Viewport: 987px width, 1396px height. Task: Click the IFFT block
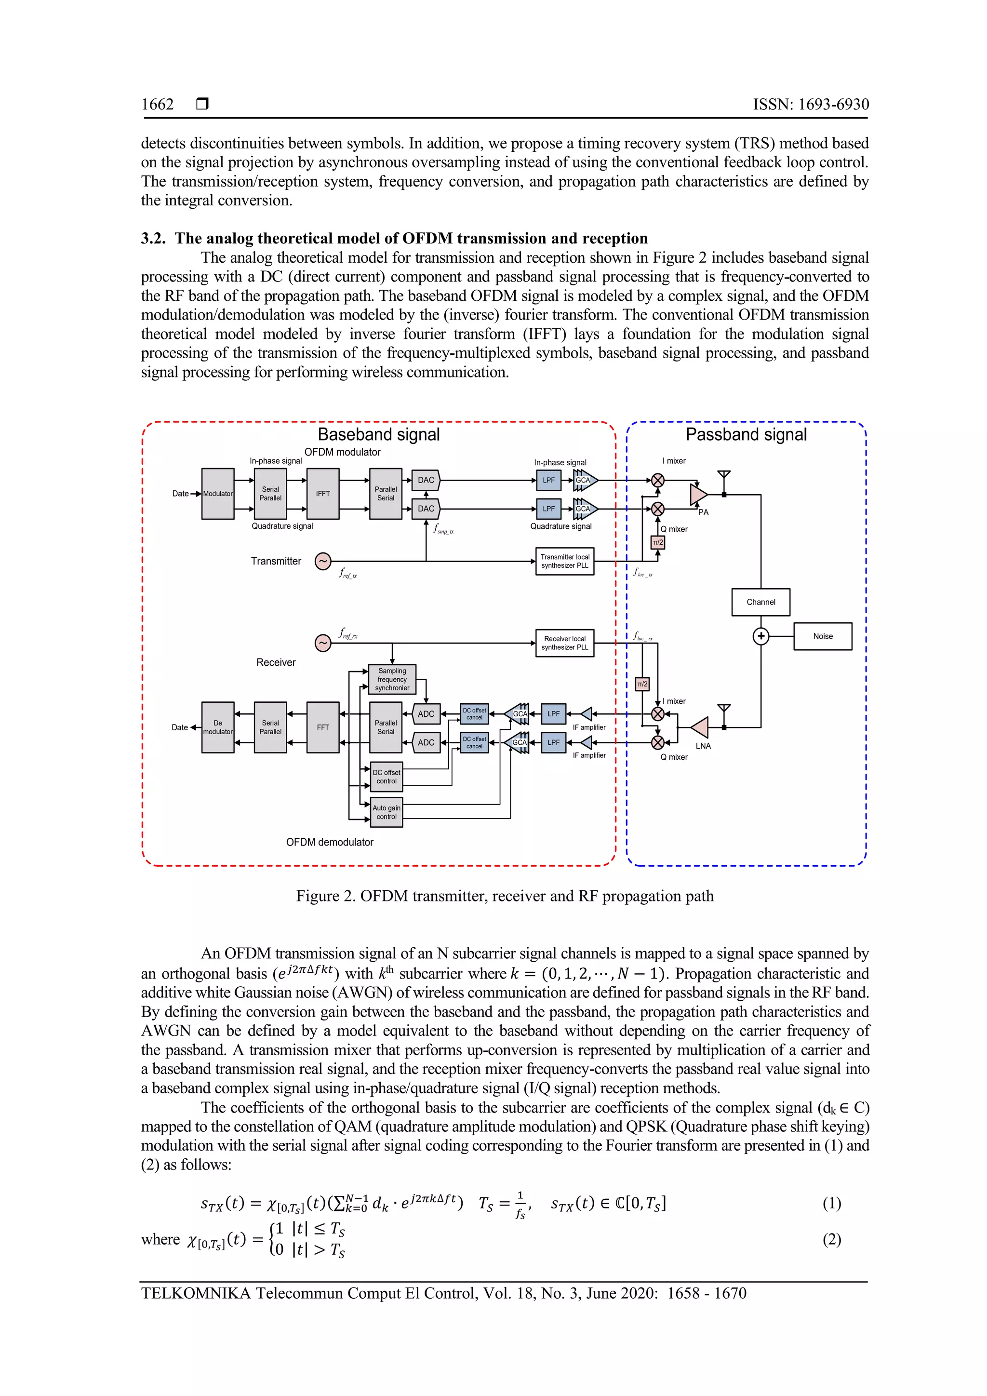tap(323, 494)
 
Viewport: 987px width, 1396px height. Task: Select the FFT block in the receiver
tap(323, 727)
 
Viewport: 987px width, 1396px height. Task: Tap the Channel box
tap(761, 602)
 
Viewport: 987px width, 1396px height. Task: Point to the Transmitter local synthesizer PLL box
tap(565, 561)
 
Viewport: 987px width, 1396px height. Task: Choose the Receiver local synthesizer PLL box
tap(565, 643)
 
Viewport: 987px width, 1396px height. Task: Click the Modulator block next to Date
tap(217, 494)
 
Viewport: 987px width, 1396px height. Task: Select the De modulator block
tap(217, 727)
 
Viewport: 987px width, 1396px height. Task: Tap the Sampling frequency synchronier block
tap(392, 679)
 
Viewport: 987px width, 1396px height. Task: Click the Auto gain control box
tap(387, 812)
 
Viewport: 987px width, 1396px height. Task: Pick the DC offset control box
tap(387, 777)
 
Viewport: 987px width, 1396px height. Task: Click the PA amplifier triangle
tap(698, 494)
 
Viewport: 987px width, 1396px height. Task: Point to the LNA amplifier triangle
tap(700, 727)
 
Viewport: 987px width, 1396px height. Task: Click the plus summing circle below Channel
tap(761, 636)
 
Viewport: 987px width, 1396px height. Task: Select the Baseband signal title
tap(379, 434)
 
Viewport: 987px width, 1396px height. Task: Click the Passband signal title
tap(747, 434)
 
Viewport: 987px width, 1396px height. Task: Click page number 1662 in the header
tap(158, 105)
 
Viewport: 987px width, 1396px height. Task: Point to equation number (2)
tap(831, 1239)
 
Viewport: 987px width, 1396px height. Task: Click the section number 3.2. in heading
tap(153, 238)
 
